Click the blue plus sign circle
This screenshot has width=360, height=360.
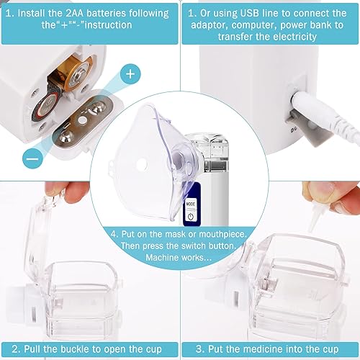pos(130,73)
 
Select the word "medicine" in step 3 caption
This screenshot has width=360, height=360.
pos(255,347)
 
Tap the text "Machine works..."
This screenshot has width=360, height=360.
pos(179,257)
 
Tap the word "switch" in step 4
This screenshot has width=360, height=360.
pos(191,245)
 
